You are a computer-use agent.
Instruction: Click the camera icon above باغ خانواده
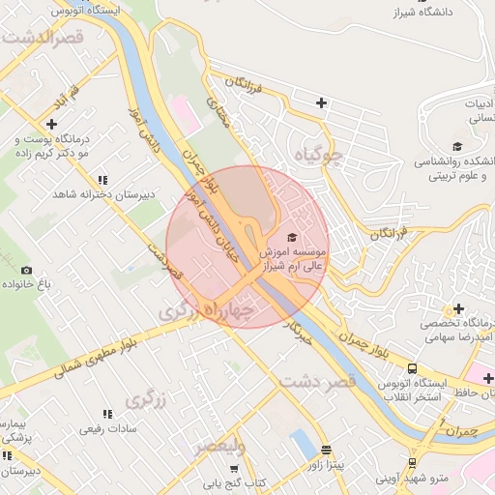click(x=26, y=270)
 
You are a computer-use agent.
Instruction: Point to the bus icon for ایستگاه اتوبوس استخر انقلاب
click(x=413, y=368)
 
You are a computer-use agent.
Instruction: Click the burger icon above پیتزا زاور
click(x=327, y=450)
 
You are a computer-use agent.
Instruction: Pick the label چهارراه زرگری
click(x=207, y=310)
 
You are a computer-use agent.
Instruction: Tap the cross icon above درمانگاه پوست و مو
click(x=51, y=124)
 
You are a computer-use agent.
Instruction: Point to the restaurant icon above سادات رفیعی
click(x=106, y=413)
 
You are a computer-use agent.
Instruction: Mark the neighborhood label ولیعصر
click(x=219, y=447)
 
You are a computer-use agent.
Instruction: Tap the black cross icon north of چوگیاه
click(x=321, y=102)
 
